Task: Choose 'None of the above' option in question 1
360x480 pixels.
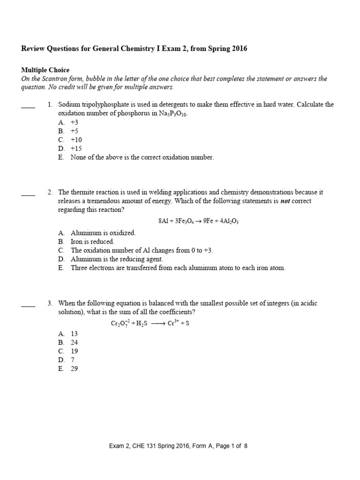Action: (x=142, y=157)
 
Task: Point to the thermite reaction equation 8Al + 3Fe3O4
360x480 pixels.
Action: (x=199, y=221)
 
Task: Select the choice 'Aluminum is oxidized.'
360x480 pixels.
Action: (x=103, y=232)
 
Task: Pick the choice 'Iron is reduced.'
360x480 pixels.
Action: (x=92, y=241)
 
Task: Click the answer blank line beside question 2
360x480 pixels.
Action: (x=28, y=195)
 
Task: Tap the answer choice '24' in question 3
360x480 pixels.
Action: (x=74, y=342)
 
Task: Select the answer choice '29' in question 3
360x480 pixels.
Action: (x=74, y=369)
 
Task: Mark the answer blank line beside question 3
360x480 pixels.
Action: (x=28, y=306)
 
